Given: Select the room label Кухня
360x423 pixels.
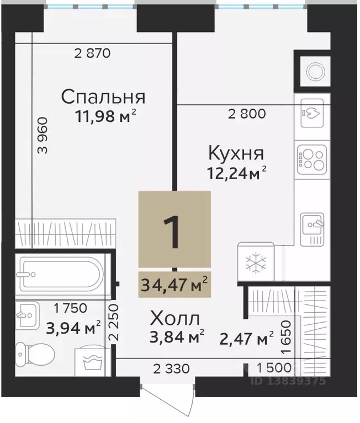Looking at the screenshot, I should coord(235,152).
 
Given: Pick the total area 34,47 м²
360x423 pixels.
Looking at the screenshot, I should coord(173,286).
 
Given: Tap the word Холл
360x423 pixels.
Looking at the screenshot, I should coord(175,319).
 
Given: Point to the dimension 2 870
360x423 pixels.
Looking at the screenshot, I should coord(93,54).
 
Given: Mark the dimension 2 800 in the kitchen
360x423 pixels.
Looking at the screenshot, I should coord(247,115).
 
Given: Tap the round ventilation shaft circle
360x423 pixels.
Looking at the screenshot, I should coord(316,71).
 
